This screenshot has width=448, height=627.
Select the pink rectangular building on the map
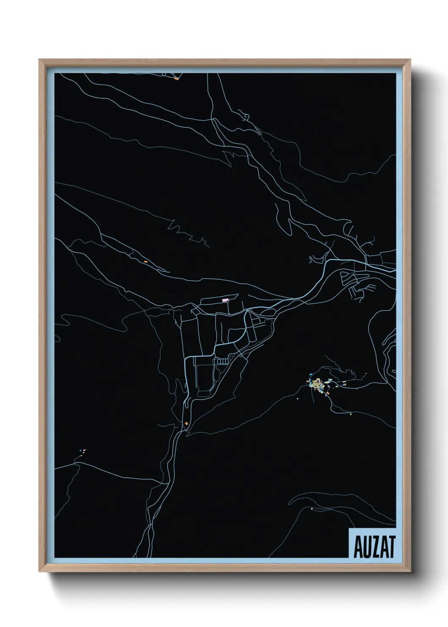coord(225,300)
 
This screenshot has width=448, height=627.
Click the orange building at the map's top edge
coord(176,78)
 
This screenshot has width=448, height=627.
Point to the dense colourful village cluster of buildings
coord(320,385)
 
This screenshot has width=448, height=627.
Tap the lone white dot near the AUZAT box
coord(312,509)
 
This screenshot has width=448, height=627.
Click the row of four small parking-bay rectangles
coord(222,361)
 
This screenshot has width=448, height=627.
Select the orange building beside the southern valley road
coord(186,423)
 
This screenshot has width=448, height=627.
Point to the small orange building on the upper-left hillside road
coord(145,262)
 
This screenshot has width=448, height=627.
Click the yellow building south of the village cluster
coord(351,414)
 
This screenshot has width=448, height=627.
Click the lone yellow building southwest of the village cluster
coord(298,398)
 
